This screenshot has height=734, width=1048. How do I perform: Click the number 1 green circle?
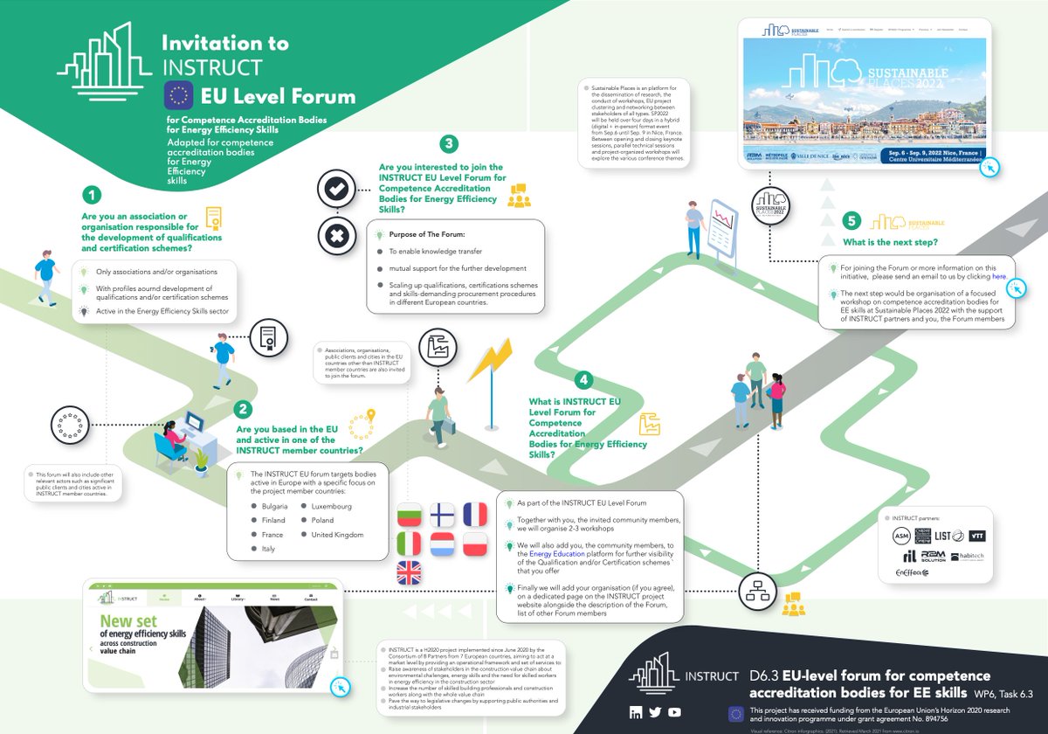[x=93, y=195]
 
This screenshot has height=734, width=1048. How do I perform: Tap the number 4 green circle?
[x=583, y=381]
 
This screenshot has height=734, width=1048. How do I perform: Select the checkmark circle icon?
[x=336, y=189]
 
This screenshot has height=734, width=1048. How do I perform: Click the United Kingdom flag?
[x=409, y=573]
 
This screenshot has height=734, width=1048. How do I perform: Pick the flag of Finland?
[x=443, y=516]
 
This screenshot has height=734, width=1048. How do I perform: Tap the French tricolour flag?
[x=476, y=516]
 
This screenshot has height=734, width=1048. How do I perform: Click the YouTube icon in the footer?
[x=674, y=712]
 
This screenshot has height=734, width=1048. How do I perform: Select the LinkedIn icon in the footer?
[x=635, y=712]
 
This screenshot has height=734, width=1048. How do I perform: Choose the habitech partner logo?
[x=966, y=557]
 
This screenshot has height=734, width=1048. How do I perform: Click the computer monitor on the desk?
[x=194, y=428]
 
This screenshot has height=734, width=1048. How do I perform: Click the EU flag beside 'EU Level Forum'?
[x=179, y=95]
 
